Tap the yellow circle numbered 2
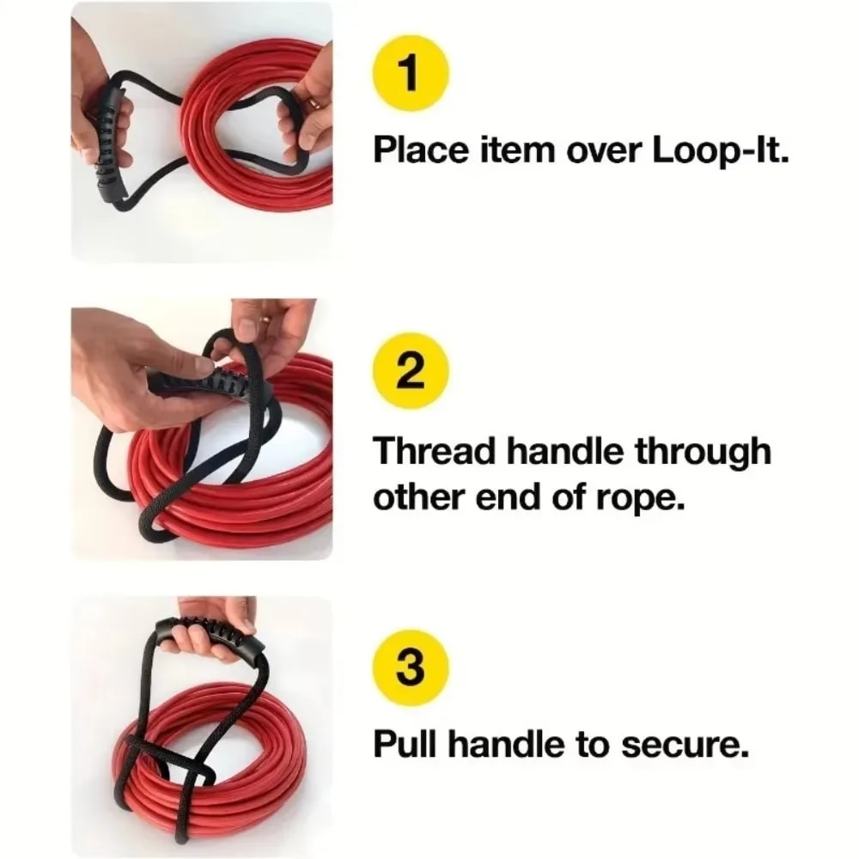click(x=411, y=372)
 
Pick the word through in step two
click(x=703, y=451)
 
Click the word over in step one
click(x=600, y=154)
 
